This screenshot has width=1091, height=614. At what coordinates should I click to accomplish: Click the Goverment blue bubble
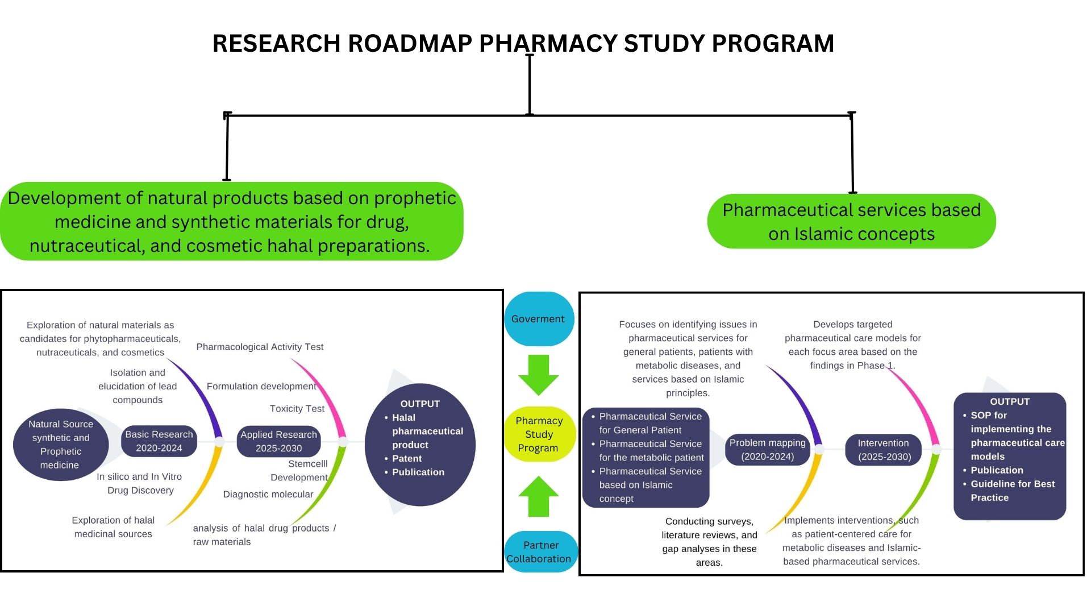pyautogui.click(x=538, y=319)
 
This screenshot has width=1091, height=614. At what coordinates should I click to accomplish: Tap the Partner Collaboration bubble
pyautogui.click(x=540, y=552)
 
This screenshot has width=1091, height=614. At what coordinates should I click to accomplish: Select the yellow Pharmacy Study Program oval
pyautogui.click(x=539, y=434)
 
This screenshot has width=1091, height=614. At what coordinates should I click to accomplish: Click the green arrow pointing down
pyautogui.click(x=538, y=375)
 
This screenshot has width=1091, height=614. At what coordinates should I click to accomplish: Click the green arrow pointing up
pyautogui.click(x=538, y=496)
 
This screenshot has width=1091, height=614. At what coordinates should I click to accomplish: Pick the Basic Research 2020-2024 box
pyautogui.click(x=159, y=441)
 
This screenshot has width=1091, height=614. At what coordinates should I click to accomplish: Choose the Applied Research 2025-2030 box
pyautogui.click(x=278, y=441)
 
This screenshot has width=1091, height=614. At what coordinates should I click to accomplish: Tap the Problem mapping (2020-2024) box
pyautogui.click(x=767, y=450)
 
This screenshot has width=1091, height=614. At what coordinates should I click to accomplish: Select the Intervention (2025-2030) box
pyautogui.click(x=884, y=450)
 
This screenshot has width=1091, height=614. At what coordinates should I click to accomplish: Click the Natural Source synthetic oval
pyautogui.click(x=60, y=445)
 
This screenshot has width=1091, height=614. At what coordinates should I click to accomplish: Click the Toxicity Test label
pyautogui.click(x=297, y=409)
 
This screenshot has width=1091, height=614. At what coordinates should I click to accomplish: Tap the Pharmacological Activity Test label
pyautogui.click(x=260, y=347)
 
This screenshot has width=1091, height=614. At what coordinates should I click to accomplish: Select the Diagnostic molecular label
pyautogui.click(x=268, y=495)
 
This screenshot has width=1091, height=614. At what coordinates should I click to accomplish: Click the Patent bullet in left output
pyautogui.click(x=407, y=458)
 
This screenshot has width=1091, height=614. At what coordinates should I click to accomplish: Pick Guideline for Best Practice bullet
pyautogui.click(x=1012, y=491)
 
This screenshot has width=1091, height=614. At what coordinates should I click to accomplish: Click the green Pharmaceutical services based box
pyautogui.click(x=851, y=222)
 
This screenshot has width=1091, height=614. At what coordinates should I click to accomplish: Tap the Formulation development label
pyautogui.click(x=261, y=387)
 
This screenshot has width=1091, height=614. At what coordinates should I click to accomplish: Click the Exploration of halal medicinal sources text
pyautogui.click(x=113, y=527)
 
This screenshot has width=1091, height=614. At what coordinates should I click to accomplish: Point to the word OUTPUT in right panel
pyautogui.click(x=1009, y=401)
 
